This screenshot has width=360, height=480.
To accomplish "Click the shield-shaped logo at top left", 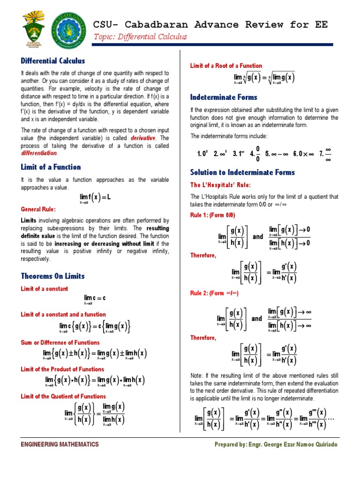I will pyautogui.click(x=33, y=29).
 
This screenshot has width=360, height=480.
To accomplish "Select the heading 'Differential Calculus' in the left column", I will pyautogui.click(x=52, y=60).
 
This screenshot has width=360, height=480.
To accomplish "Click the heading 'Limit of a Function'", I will pyautogui.click(x=51, y=167).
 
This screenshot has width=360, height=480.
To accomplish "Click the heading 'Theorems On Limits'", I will pyautogui.click(x=52, y=276).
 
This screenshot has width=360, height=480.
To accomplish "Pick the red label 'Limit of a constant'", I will pyautogui.click(x=45, y=289).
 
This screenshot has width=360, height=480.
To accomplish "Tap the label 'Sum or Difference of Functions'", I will pyautogui.click(x=60, y=343).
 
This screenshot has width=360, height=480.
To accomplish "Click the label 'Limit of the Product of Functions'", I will pyautogui.click(x=62, y=369).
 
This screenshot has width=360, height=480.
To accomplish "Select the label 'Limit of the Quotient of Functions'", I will pyautogui.click(x=63, y=397).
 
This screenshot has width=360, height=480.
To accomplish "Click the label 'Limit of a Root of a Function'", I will pyautogui.click(x=226, y=66).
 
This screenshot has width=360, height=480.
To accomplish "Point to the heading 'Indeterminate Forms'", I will pyautogui.click(x=224, y=97).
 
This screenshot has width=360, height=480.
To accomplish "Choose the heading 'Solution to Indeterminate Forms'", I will pyautogui.click(x=242, y=172).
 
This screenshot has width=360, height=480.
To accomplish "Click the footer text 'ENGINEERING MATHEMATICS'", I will pyautogui.click(x=60, y=444).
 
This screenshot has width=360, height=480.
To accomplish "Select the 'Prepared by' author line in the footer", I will pyautogui.click(x=276, y=444).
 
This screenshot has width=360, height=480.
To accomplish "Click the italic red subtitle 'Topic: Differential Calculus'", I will pyautogui.click(x=141, y=37).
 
